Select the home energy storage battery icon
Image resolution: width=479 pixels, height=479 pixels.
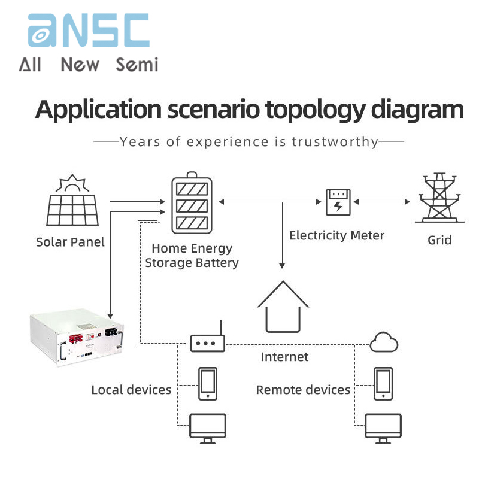click(192, 204)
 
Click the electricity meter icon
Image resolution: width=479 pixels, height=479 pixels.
click(338, 202)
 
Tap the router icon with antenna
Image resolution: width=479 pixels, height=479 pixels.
click(208, 341)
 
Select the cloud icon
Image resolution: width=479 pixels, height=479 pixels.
click(384, 342)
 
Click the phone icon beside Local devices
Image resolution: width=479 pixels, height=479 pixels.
click(207, 383)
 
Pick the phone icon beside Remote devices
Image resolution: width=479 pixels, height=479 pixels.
click(383, 383)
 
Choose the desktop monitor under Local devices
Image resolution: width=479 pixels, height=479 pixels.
click(207, 428)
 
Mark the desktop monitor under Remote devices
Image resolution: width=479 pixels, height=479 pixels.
click(383, 428)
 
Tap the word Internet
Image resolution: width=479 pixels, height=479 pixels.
click(284, 357)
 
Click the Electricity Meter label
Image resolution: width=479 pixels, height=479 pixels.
click(336, 235)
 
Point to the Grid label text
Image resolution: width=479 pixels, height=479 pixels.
click(439, 240)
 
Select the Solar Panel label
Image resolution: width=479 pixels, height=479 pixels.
click(70, 242)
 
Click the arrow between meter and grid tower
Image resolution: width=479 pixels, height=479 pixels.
click(383, 202)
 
